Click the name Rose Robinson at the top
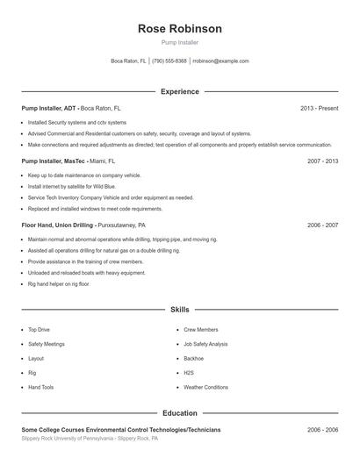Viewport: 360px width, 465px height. point(179,28)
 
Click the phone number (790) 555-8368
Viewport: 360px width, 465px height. point(169,61)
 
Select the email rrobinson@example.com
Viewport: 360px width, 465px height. point(220,61)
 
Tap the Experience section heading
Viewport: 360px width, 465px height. point(179,91)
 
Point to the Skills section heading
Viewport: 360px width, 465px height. point(179,310)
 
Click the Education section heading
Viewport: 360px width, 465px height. point(179,412)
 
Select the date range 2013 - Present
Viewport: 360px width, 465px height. point(319,108)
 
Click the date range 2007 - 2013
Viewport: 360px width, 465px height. point(322,161)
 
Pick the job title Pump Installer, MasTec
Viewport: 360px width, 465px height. point(54,161)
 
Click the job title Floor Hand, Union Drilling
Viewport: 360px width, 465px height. point(58,225)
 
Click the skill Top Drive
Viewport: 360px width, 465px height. point(39,330)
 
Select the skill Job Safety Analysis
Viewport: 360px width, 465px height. point(205,344)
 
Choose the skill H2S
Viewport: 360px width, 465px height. point(189,372)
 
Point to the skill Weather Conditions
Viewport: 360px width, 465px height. point(205,387)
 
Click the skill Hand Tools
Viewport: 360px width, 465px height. point(40,387)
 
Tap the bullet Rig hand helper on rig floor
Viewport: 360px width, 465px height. point(58,283)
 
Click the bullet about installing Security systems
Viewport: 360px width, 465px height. point(77,122)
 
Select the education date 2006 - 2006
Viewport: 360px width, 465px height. point(322,430)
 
